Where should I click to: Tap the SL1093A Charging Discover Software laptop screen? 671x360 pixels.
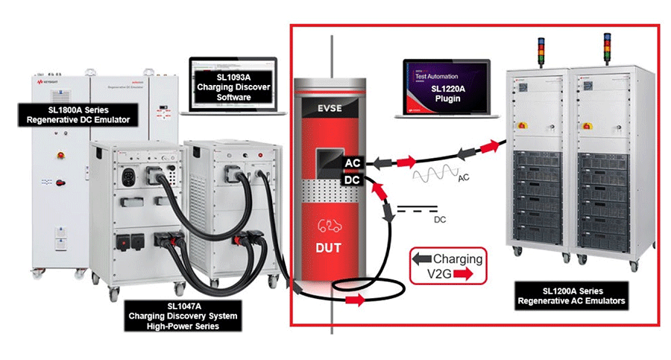(233, 86)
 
